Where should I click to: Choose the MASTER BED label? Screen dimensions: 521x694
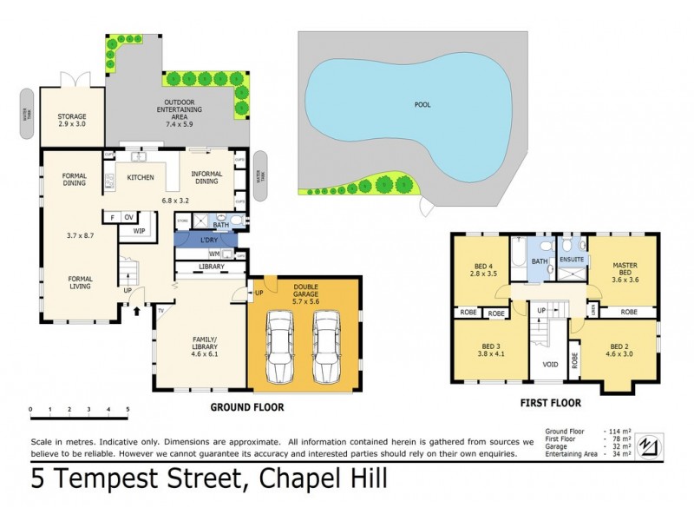click(x=625, y=271)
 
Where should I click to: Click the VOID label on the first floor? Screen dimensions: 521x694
click(x=548, y=364)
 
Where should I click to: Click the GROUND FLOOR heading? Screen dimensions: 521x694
click(x=247, y=406)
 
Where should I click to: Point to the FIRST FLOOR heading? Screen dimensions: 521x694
click(x=550, y=403)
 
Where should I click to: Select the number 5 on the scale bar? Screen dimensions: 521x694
click(x=128, y=408)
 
